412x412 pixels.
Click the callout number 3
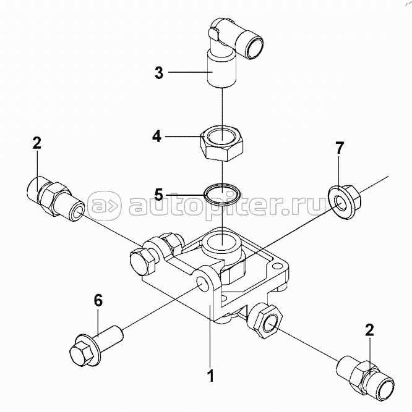point(159,72)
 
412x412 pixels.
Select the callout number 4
point(157,137)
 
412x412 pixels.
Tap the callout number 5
point(159,195)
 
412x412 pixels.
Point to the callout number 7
point(339,148)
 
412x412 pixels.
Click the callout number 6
point(98,300)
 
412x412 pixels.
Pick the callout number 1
point(211,376)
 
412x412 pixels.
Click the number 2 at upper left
point(37,143)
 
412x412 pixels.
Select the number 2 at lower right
point(369,330)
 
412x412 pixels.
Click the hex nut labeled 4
point(222,143)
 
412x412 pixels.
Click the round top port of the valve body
point(221,242)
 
